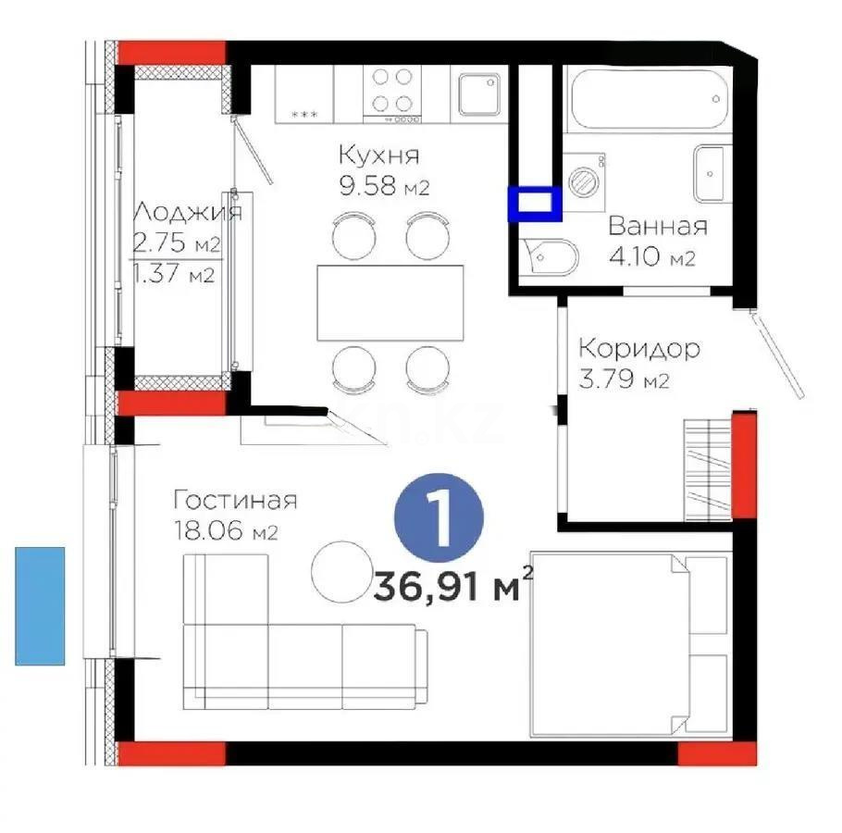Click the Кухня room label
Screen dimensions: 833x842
(378, 154)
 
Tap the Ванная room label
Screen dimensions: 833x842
(657, 227)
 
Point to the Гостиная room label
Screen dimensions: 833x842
(235, 501)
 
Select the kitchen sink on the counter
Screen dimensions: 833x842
(479, 93)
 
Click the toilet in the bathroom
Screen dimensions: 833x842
(551, 256)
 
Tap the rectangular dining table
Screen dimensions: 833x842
(390, 302)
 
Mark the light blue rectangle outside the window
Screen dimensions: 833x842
(40, 606)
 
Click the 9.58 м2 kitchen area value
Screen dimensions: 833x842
(384, 188)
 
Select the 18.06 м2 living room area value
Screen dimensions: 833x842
(226, 533)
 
